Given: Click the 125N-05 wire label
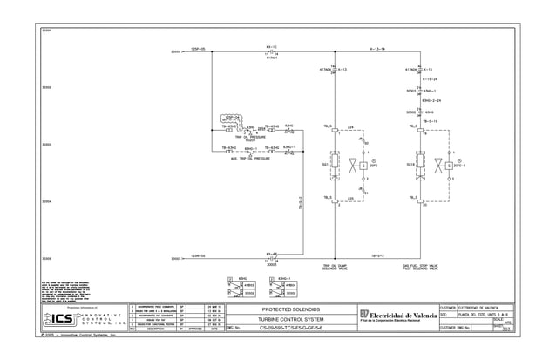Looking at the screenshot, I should [x=197, y=257].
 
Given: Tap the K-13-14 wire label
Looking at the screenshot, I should [x=376, y=50].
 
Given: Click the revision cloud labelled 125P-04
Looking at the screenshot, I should [x=231, y=116].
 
